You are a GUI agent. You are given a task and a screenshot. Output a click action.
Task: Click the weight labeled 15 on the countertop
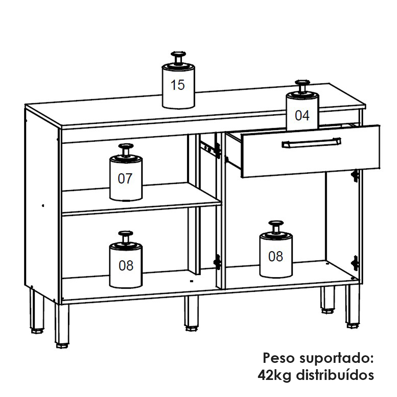[x=178, y=81]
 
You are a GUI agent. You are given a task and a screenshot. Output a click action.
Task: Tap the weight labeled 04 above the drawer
[x=302, y=106]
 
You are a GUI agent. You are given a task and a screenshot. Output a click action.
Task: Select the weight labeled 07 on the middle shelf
[x=126, y=173]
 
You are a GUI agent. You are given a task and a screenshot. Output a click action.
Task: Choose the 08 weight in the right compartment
[x=276, y=250]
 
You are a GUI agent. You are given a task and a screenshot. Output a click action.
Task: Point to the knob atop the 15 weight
[x=178, y=58]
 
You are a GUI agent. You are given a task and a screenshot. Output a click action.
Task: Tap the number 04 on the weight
[x=302, y=116]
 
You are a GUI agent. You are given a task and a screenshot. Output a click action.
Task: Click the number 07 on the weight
[x=125, y=179]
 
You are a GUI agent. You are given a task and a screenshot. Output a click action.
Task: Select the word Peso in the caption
[x=279, y=358]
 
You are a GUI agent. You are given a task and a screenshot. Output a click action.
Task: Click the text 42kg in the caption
[x=274, y=375]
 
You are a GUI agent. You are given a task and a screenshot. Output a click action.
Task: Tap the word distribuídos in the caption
[x=335, y=375]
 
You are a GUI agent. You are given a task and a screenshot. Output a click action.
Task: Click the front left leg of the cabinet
[x=62, y=326]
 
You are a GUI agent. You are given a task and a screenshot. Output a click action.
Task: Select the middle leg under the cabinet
[x=192, y=314]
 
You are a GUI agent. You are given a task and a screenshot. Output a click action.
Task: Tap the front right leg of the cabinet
[x=353, y=306]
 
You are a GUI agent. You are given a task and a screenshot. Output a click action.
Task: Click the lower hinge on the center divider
[x=217, y=262]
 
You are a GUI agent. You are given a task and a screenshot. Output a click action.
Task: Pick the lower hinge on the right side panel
[x=355, y=263]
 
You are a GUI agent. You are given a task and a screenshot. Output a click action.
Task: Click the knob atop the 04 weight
[x=302, y=87]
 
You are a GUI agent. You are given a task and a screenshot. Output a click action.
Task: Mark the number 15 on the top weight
[x=178, y=85]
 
